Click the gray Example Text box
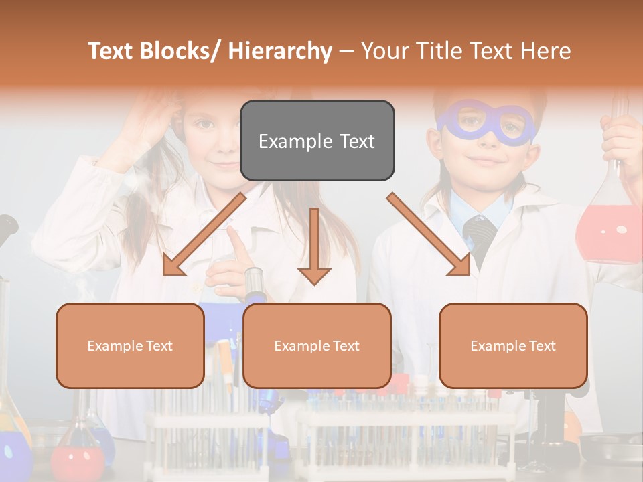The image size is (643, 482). (317, 141)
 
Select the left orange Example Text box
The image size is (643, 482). (130, 345)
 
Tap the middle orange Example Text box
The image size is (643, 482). (317, 345)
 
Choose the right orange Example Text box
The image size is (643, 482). (513, 345)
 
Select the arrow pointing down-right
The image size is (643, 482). (429, 234)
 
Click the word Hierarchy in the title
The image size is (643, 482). (280, 51)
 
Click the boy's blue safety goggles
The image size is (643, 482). (487, 125)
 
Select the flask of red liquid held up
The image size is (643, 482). (608, 228)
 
